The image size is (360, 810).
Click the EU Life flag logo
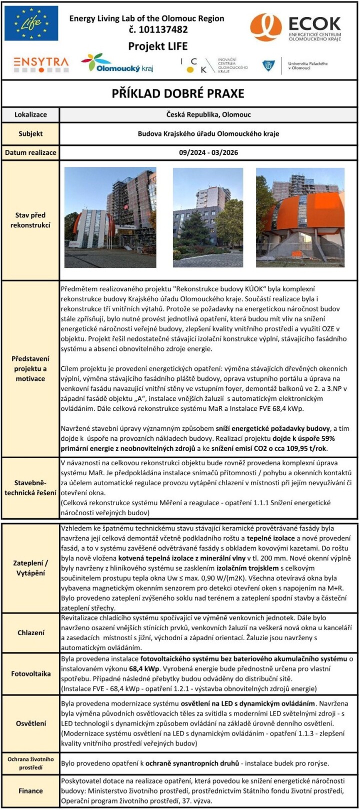(31, 23)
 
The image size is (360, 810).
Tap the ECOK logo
(295, 27)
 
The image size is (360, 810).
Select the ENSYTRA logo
(41, 63)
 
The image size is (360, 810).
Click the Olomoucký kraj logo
(117, 63)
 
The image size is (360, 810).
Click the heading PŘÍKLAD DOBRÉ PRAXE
(179, 93)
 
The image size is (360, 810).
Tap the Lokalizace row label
(30, 114)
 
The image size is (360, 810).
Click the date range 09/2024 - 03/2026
(208, 152)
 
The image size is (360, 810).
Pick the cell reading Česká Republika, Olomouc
(208, 114)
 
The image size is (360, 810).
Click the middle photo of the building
(207, 217)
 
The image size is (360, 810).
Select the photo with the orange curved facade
(300, 217)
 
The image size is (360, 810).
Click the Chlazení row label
(30, 633)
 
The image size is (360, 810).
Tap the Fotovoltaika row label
(30, 674)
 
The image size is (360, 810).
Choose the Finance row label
(30, 791)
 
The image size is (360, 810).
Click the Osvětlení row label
(30, 723)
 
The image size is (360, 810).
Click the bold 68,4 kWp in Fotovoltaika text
(144, 669)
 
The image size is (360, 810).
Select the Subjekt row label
(30, 133)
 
